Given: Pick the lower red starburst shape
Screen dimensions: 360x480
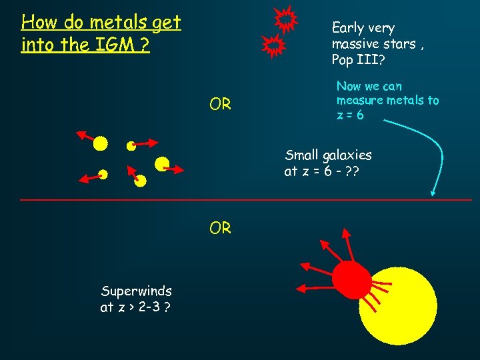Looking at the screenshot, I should pos(273,46).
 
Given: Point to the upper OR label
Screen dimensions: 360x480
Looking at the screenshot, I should pos(220,105).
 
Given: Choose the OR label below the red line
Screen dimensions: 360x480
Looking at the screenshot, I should pos(220,228).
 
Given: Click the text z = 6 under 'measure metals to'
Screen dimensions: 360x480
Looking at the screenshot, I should pos(350,115).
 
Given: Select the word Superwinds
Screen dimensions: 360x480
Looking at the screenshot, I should pos(136,291).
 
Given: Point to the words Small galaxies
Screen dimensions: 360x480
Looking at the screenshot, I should pos(328,155).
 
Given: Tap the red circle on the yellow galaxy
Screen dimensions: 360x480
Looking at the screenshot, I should pos(351,279).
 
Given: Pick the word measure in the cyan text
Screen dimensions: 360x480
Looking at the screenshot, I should pos(361,100).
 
